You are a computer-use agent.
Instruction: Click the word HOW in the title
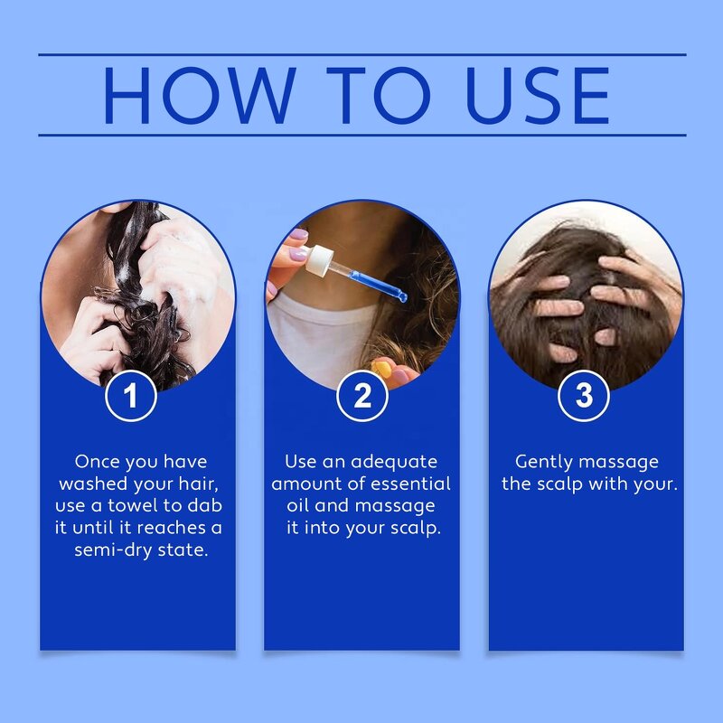pyautogui.click(x=199, y=96)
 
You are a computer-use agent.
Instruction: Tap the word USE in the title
pyautogui.click(x=538, y=96)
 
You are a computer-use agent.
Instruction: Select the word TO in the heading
pyautogui.click(x=379, y=96)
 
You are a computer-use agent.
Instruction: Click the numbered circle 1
pyautogui.click(x=131, y=396)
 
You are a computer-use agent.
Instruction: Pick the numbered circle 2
pyautogui.click(x=362, y=396)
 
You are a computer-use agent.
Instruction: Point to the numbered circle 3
pyautogui.click(x=583, y=396)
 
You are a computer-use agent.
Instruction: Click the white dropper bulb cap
pyautogui.click(x=320, y=260)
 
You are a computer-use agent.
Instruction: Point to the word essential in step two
pyautogui.click(x=410, y=484)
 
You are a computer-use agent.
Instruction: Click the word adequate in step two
pyautogui.click(x=394, y=463)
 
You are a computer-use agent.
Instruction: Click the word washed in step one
pyautogui.click(x=93, y=484)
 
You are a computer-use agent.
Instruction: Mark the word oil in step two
pyautogui.click(x=298, y=505)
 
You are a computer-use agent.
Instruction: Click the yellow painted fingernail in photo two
pyautogui.click(x=382, y=369)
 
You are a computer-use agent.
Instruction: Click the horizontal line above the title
pyautogui.click(x=362, y=54)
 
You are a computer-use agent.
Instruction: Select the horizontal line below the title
pyautogui.click(x=362, y=135)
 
